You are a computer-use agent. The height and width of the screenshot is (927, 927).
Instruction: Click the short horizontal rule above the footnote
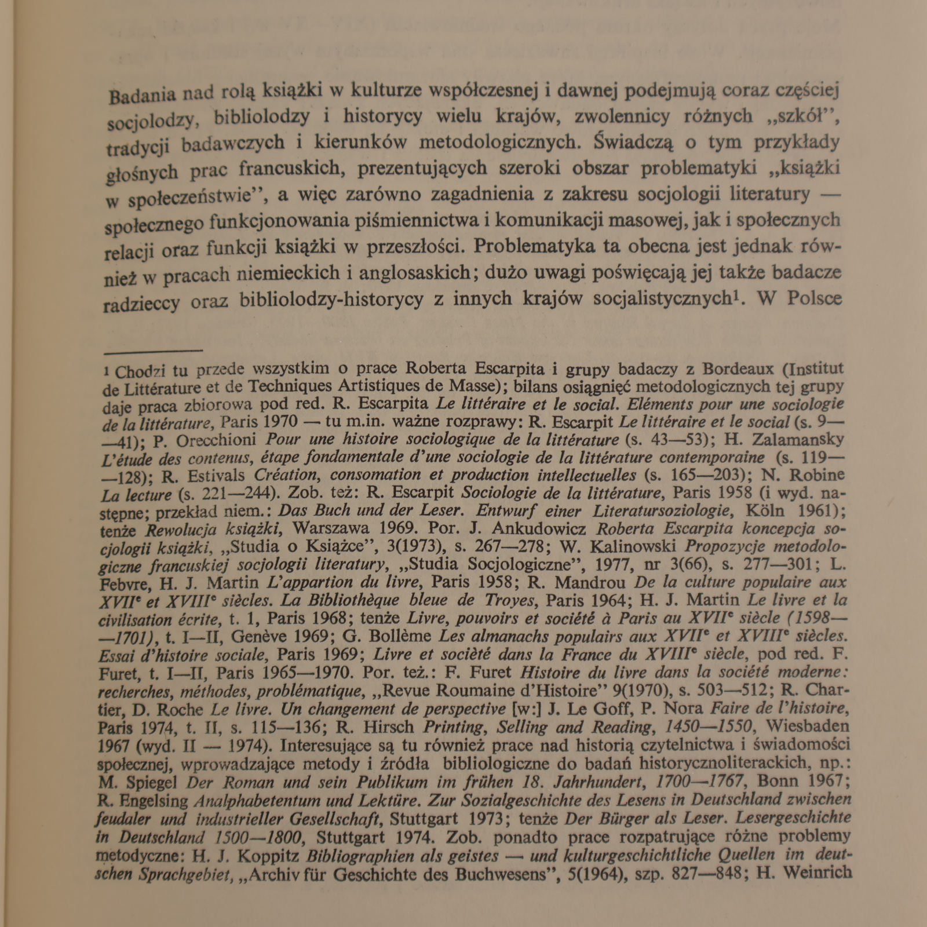pyautogui.click(x=153, y=351)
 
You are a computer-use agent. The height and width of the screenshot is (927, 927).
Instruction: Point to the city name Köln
pyautogui.click(x=765, y=510)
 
